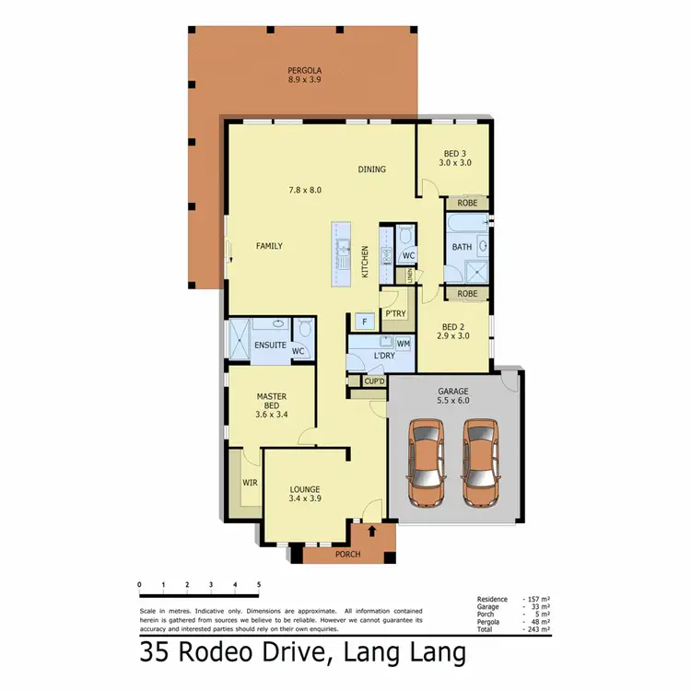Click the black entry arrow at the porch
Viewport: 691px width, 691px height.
372,531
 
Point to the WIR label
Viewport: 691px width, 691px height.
249,482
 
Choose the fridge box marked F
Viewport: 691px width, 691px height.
365,321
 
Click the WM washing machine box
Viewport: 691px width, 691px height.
403,344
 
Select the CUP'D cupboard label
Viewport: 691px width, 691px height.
374,381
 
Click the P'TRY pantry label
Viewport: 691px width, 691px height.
395,314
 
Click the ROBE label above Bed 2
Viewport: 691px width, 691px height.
467,294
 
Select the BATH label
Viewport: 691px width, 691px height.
462,247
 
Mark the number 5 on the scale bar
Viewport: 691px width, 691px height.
259,585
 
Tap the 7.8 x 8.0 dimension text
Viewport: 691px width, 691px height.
304,190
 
